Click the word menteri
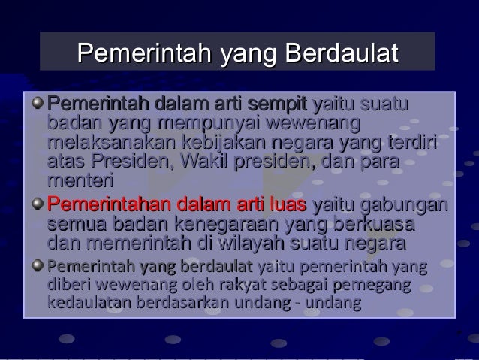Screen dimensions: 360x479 click(x=79, y=183)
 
